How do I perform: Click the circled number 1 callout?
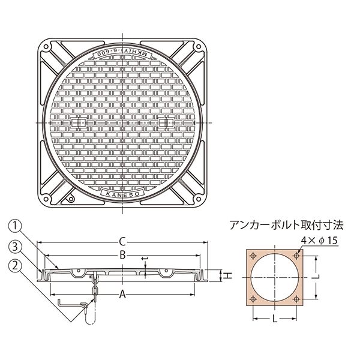click(x=15, y=226)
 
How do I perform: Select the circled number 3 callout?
click(x=15, y=247)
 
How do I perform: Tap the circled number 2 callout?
click(x=15, y=266)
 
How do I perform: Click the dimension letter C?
click(x=122, y=242)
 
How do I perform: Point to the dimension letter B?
click(x=122, y=255)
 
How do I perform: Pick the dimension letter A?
click(x=123, y=295)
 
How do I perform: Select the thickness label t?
click(x=145, y=259)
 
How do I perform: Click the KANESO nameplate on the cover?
click(x=123, y=193)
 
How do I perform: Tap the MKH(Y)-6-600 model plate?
click(x=122, y=55)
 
